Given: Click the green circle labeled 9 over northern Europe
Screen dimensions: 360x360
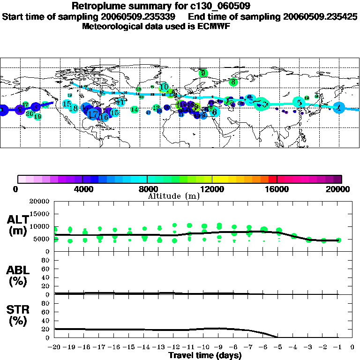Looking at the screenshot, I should click(x=203, y=73).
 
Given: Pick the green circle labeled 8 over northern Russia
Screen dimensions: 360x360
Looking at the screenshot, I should click(x=233, y=82).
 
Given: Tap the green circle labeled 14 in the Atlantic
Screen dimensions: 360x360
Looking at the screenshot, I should click(x=135, y=110).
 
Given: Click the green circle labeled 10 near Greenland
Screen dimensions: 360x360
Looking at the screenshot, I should click(x=164, y=87).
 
